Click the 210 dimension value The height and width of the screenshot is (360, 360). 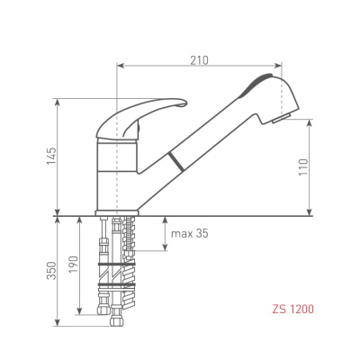[199, 60]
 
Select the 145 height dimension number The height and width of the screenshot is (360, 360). [51, 156]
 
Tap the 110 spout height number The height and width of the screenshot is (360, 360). [303, 167]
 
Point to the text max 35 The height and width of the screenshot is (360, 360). [189, 233]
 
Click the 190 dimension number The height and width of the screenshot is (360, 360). [74, 265]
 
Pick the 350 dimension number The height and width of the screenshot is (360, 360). [51, 271]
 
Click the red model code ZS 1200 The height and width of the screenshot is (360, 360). [292, 309]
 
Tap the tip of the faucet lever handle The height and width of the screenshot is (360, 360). [185, 103]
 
